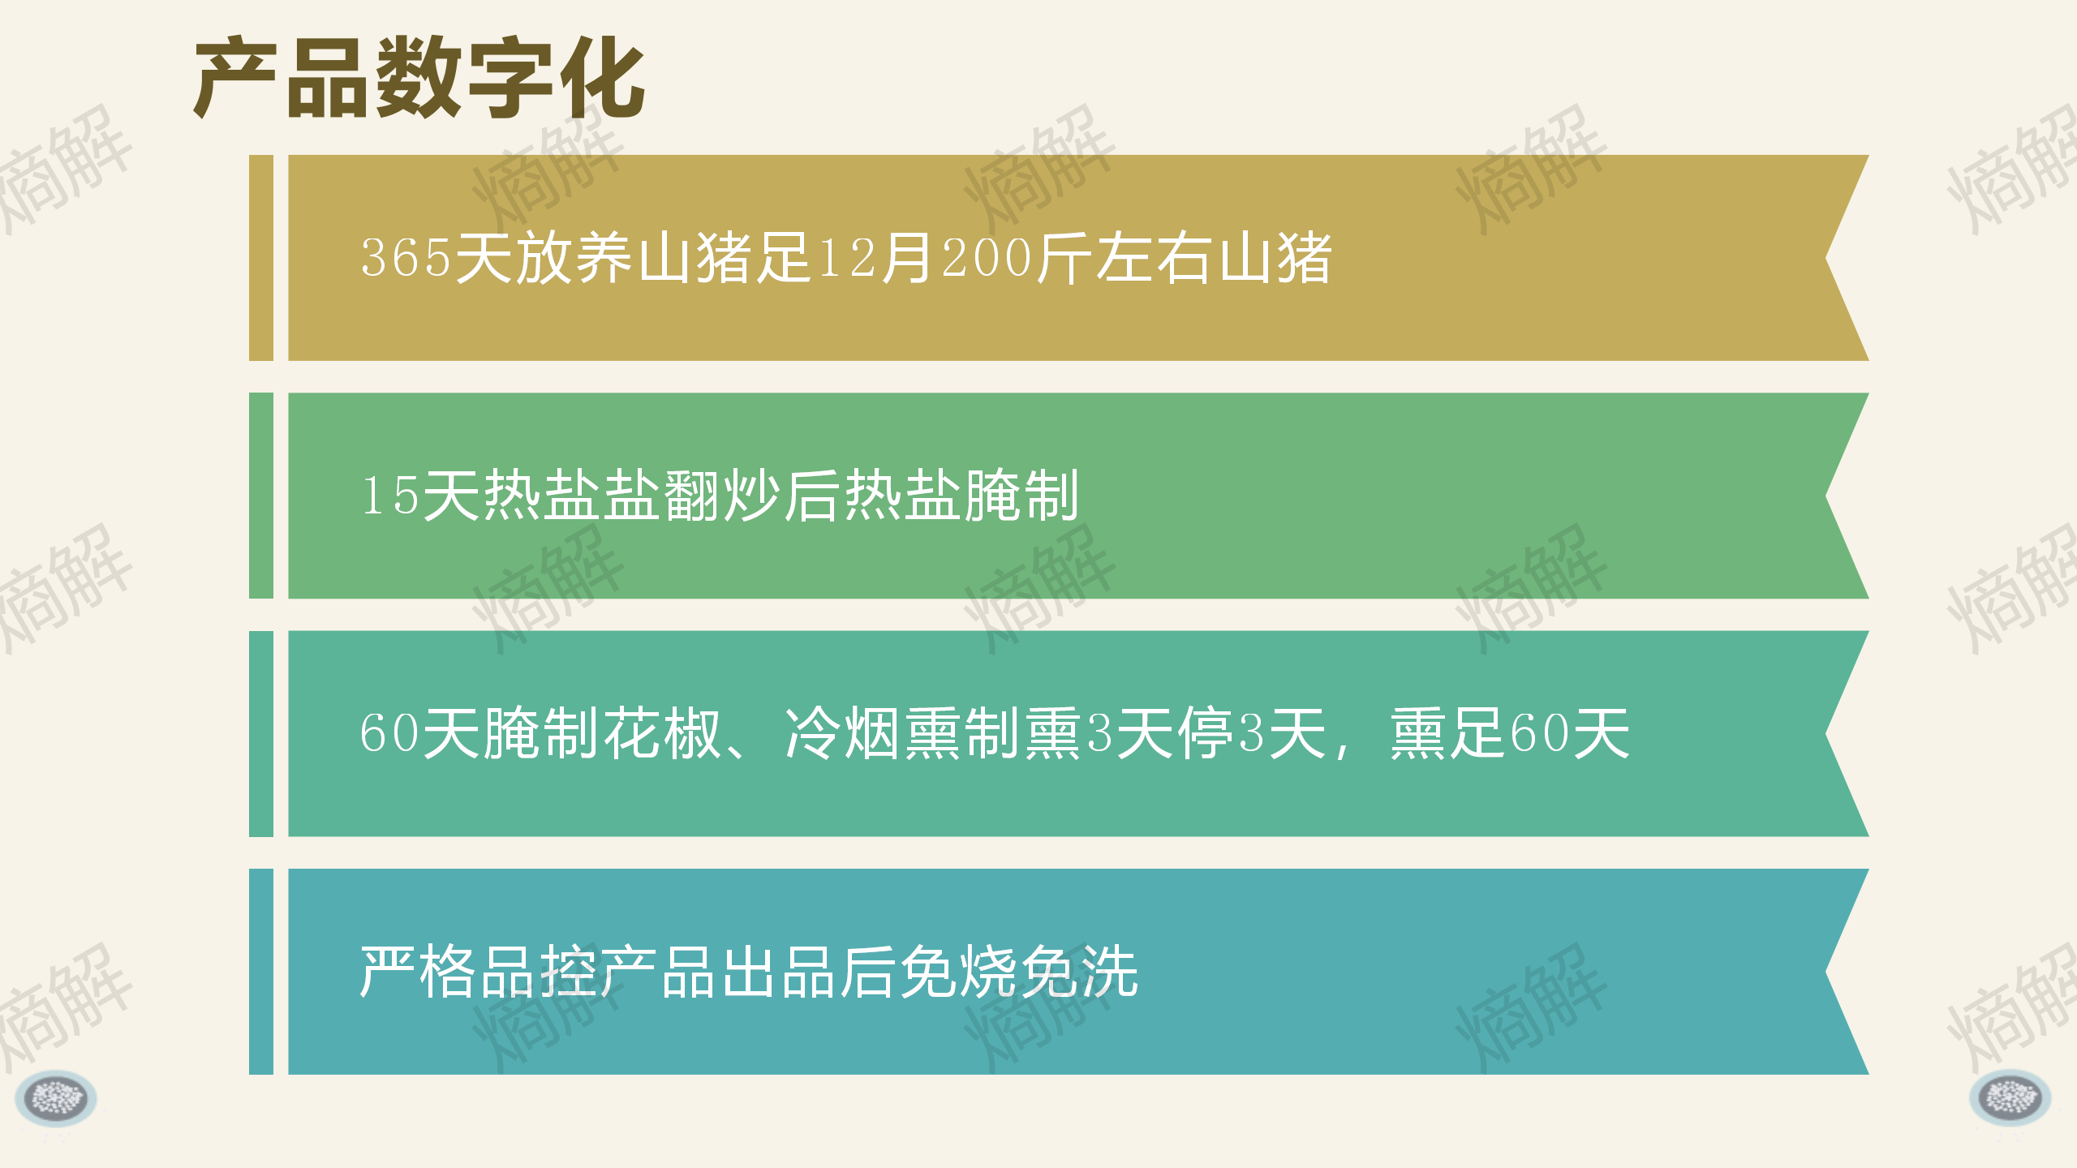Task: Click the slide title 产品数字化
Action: coord(419,78)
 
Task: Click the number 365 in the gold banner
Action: coord(406,258)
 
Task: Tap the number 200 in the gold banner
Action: coord(987,258)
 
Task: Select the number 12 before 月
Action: coord(848,258)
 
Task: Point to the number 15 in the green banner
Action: coord(390,496)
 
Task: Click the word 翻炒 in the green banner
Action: coord(723,496)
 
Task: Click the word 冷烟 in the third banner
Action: coord(843,733)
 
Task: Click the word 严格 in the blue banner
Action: coord(419,972)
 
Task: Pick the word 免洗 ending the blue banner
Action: coord(1080,972)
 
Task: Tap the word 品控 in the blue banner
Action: coord(540,972)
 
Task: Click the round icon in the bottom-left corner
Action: coord(56,1098)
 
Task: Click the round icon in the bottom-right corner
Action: coord(2010,1098)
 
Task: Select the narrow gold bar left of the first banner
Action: coord(261,258)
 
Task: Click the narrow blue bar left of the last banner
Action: coord(261,972)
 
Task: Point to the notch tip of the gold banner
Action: coord(1826,258)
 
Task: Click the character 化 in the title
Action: coord(602,78)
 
